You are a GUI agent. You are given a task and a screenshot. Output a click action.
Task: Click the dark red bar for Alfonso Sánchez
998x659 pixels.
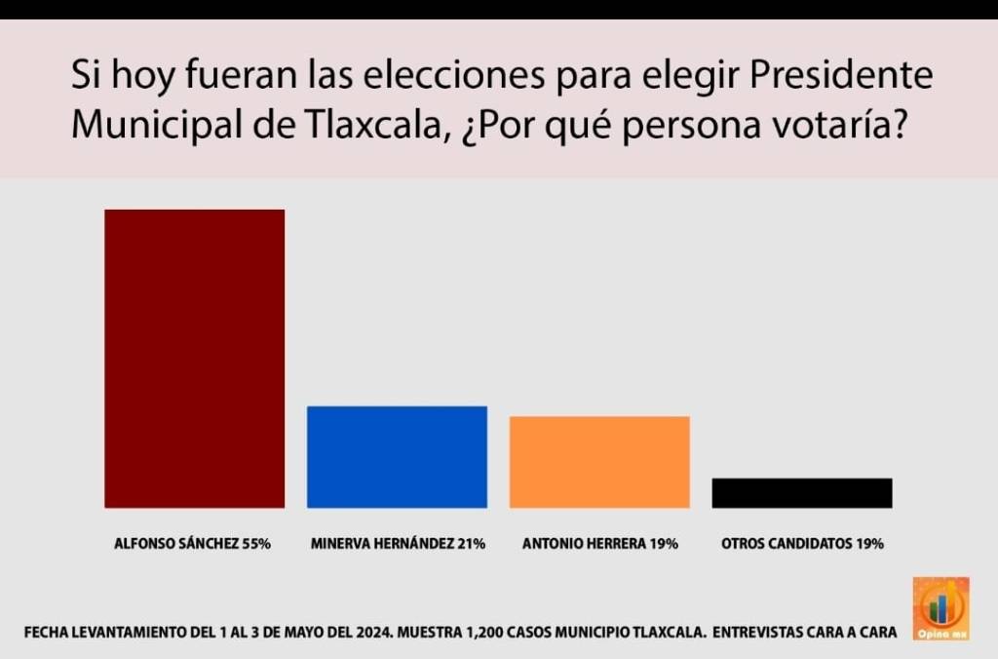(194, 358)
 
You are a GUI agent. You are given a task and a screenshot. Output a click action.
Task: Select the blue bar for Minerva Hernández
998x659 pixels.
(397, 456)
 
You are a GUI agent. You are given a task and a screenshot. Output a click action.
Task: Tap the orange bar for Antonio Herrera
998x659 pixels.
(599, 461)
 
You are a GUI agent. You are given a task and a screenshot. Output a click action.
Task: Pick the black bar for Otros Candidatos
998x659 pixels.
(801, 492)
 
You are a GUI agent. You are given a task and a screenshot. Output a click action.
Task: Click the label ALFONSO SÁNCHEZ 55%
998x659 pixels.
(193, 544)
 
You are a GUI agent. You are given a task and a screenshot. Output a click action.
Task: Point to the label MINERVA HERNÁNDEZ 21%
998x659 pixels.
(398, 544)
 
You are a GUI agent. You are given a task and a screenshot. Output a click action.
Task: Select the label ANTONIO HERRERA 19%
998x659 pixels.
(599, 544)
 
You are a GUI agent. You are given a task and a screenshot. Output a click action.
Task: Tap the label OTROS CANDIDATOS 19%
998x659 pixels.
(802, 544)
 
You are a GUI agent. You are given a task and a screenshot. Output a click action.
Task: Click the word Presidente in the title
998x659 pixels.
(841, 76)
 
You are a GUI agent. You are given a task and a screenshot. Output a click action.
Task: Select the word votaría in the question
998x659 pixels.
(842, 126)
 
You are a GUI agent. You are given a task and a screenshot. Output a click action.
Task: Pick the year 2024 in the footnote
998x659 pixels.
(368, 633)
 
